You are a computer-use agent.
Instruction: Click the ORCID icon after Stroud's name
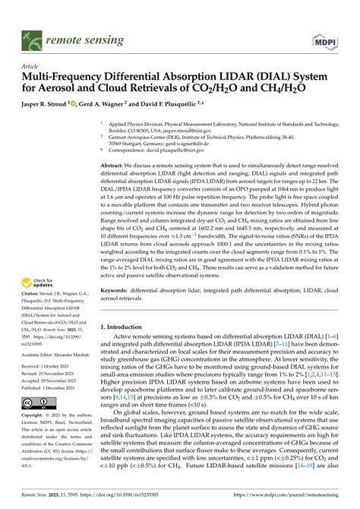(74, 103)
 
